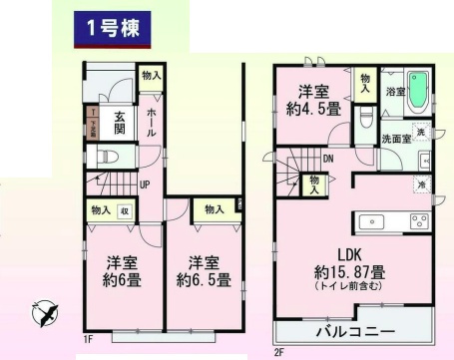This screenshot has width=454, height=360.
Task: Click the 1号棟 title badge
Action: (111, 28)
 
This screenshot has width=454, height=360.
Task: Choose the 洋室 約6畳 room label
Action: (122, 271)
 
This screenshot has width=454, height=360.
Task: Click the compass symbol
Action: (44, 314)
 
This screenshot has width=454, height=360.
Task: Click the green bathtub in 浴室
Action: (417, 92)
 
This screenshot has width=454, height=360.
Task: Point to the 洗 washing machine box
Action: (422, 133)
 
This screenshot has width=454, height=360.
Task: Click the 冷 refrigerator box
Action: (423, 184)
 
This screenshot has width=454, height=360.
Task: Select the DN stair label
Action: (327, 159)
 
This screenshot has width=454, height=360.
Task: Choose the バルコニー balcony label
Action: (355, 330)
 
